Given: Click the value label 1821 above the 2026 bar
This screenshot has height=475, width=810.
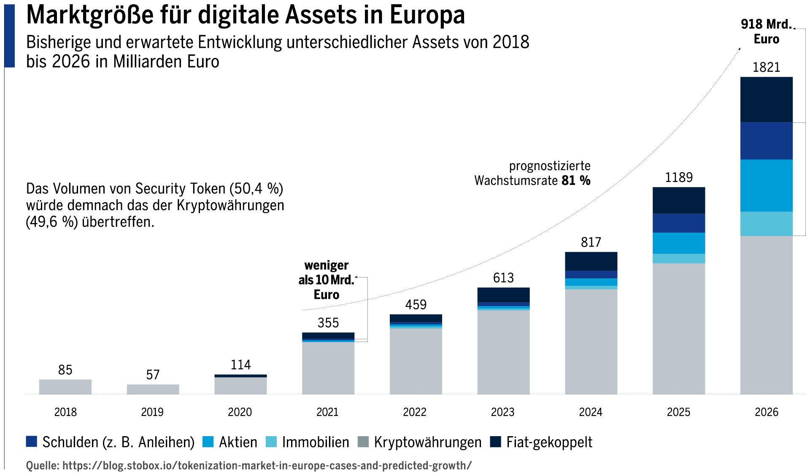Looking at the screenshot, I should click(x=766, y=67).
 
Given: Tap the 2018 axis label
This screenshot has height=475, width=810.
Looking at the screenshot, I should click(x=65, y=412).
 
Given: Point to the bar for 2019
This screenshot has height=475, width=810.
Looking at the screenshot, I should click(x=153, y=389).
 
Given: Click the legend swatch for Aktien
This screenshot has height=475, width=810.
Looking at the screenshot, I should click(x=208, y=442).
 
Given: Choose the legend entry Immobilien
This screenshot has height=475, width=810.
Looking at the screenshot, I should click(x=315, y=442).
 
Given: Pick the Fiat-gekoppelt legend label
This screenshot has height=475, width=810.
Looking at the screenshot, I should click(x=549, y=442).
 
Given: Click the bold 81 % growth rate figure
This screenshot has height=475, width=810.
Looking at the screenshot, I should click(x=576, y=181).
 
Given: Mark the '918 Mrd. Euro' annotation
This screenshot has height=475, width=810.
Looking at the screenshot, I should click(x=766, y=31).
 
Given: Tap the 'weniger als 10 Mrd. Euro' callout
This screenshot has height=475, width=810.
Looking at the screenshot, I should click(x=326, y=280).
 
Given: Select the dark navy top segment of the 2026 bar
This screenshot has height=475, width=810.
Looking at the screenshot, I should click(x=766, y=100).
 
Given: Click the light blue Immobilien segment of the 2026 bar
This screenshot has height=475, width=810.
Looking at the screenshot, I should click(x=766, y=223).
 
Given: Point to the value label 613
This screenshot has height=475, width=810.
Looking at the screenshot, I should click(x=503, y=278).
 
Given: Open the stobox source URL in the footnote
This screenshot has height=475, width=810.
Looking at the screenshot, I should click(x=267, y=465).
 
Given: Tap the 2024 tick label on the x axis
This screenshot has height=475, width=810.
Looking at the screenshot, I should click(x=590, y=412).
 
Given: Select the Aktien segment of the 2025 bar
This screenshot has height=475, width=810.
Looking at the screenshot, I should click(x=678, y=243).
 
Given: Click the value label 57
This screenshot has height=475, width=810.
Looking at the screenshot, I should click(x=153, y=375).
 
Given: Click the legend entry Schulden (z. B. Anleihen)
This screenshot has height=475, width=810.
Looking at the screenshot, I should click(x=118, y=442).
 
